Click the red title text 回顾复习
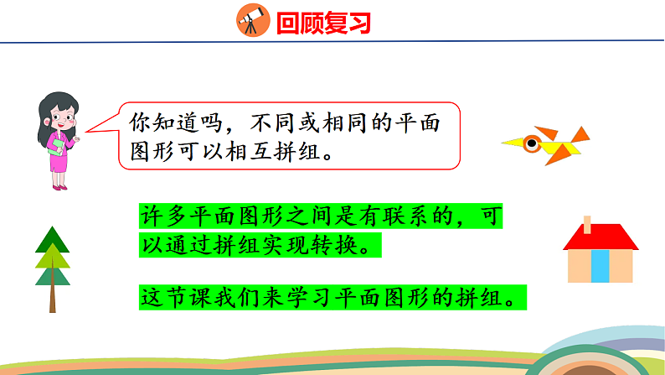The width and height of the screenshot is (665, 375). (322, 22)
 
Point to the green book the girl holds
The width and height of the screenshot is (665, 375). (56, 147)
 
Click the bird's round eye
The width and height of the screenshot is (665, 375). (531, 143)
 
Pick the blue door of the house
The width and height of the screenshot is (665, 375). (600, 266)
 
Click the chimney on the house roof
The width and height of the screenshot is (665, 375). (587, 224)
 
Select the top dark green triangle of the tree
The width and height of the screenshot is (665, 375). (52, 240)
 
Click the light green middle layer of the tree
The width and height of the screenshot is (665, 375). (52, 256)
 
